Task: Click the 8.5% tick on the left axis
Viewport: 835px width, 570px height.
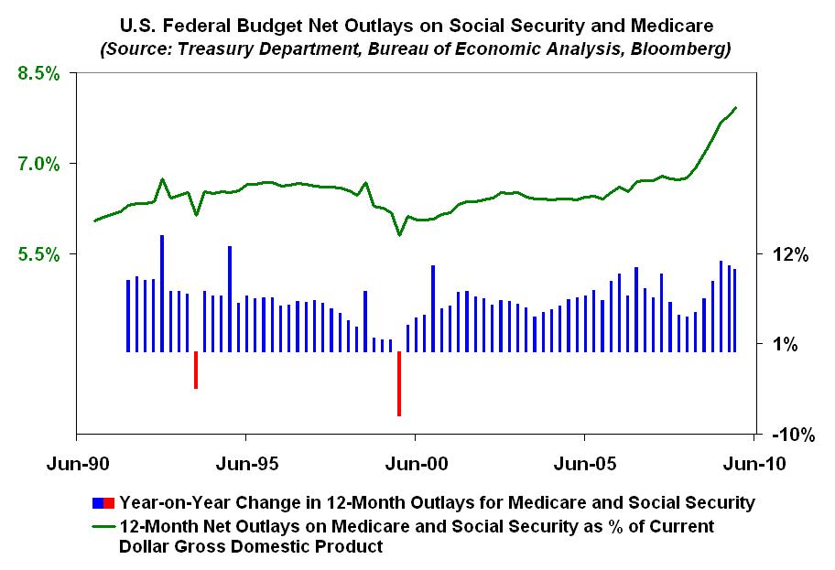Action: coord(38,74)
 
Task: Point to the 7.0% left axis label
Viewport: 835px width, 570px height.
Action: coord(38,165)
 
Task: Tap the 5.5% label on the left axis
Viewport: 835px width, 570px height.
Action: coord(38,253)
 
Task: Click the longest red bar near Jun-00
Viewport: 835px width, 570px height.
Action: coord(399,383)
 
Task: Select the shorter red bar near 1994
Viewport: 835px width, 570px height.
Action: coord(196,370)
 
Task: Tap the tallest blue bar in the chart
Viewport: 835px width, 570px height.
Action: coord(162,293)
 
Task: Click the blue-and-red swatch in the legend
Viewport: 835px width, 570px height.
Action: coord(103,502)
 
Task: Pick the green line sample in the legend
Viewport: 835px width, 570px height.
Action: coord(103,527)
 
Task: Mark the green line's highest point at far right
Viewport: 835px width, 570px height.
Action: coord(736,108)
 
